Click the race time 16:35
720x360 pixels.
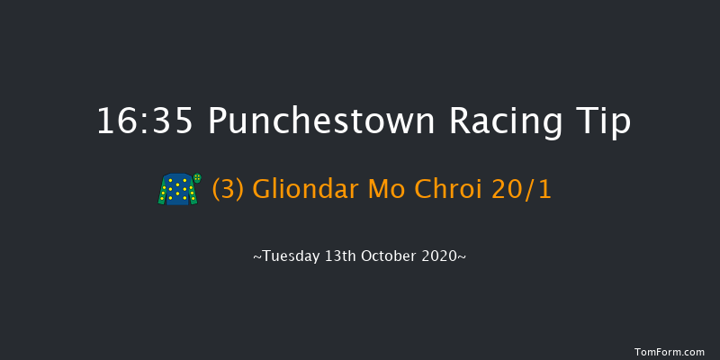click(144, 121)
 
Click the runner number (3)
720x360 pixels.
click(229, 190)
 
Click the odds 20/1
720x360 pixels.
click(526, 190)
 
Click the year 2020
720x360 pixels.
click(443, 256)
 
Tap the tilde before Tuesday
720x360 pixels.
click(257, 257)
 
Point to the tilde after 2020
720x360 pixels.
click(463, 257)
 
